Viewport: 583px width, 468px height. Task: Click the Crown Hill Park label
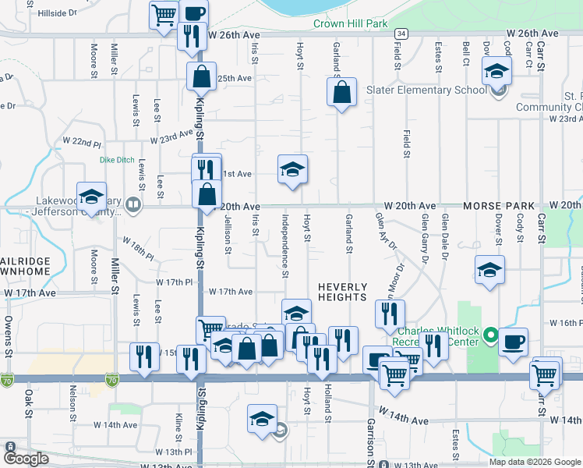pyautogui.click(x=350, y=24)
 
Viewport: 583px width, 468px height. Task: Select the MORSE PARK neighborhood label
pyautogui.click(x=499, y=205)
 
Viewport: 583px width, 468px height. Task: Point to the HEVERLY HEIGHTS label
pyautogui.click(x=342, y=292)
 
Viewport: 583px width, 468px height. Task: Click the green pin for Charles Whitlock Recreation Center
pyautogui.click(x=490, y=336)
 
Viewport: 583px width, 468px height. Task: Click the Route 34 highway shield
pyautogui.click(x=401, y=34)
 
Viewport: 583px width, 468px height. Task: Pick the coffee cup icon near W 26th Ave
pyautogui.click(x=193, y=12)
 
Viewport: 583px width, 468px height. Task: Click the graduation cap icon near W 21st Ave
pyautogui.click(x=293, y=169)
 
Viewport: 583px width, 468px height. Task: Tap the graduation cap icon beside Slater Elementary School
pyautogui.click(x=496, y=72)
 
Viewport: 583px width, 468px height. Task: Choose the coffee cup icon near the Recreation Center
pyautogui.click(x=513, y=342)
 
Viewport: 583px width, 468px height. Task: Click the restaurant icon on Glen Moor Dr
pyautogui.click(x=390, y=314)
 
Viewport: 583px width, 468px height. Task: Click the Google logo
pyautogui.click(x=26, y=459)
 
